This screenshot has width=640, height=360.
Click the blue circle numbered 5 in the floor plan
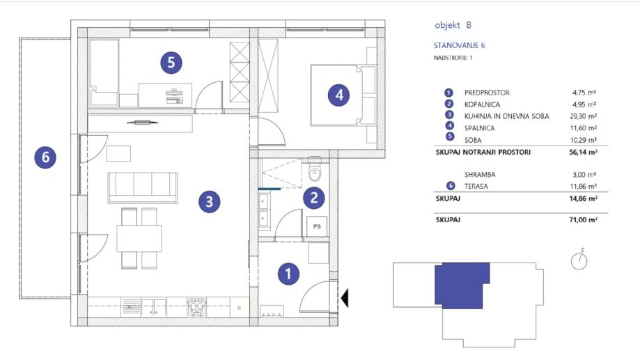[171, 63]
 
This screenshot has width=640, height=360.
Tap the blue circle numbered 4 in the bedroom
[338, 95]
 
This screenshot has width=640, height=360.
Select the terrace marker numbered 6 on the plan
[45, 157]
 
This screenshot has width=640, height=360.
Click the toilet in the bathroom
[315, 170]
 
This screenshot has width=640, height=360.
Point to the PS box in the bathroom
[317, 226]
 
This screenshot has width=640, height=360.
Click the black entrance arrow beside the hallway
[345, 298]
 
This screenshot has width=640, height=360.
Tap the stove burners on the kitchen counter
[196, 307]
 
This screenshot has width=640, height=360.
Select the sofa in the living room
[143, 188]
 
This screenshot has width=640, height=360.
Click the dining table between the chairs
[139, 239]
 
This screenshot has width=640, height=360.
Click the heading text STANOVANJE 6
[459, 45]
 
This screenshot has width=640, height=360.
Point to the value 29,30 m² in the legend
[584, 116]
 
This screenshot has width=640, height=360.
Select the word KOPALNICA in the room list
[482, 104]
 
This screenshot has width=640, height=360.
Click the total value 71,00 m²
[584, 219]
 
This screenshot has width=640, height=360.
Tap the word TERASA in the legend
[476, 186]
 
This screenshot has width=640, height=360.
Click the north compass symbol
[579, 260]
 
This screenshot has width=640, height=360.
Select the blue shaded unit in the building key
[462, 285]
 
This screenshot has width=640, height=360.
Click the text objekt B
[453, 25]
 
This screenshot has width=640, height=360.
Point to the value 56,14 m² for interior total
[584, 152]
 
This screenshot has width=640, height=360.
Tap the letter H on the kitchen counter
[239, 308]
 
